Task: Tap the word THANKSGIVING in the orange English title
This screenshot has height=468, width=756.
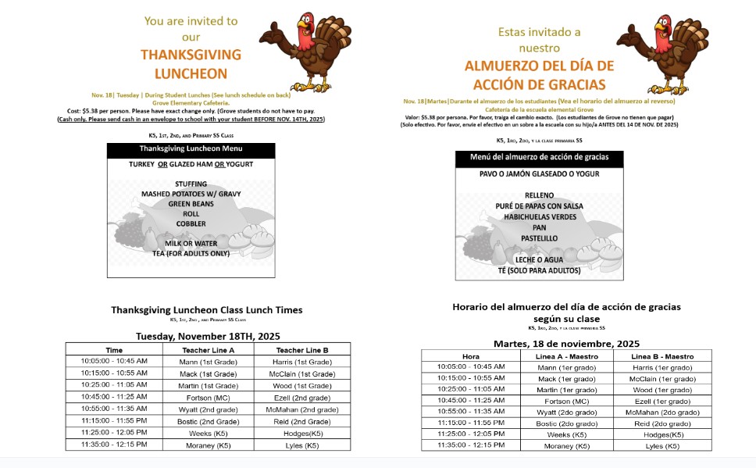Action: tap(191, 55)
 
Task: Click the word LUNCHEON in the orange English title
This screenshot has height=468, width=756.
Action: tap(191, 74)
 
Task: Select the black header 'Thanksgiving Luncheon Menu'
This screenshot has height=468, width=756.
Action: tap(191, 148)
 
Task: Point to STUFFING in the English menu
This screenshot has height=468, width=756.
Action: tap(191, 184)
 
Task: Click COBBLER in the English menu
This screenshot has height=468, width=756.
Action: tap(191, 223)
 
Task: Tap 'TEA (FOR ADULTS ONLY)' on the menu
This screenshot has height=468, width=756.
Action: tap(191, 253)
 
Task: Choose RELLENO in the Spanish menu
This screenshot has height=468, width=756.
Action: tap(539, 195)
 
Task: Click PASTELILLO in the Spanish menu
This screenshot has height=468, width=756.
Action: tap(539, 238)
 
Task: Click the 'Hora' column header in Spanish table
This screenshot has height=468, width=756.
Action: tap(471, 356)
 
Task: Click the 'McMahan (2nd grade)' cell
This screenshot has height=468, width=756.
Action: tap(302, 409)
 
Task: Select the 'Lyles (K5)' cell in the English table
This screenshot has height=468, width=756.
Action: tap(302, 445)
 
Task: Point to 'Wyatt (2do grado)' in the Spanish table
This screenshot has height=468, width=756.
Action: tap(568, 412)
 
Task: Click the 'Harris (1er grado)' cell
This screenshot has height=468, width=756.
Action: tap(663, 367)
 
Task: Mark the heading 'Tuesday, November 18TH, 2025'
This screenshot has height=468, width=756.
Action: tap(208, 336)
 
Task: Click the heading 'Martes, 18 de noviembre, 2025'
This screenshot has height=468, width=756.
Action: tap(566, 344)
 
